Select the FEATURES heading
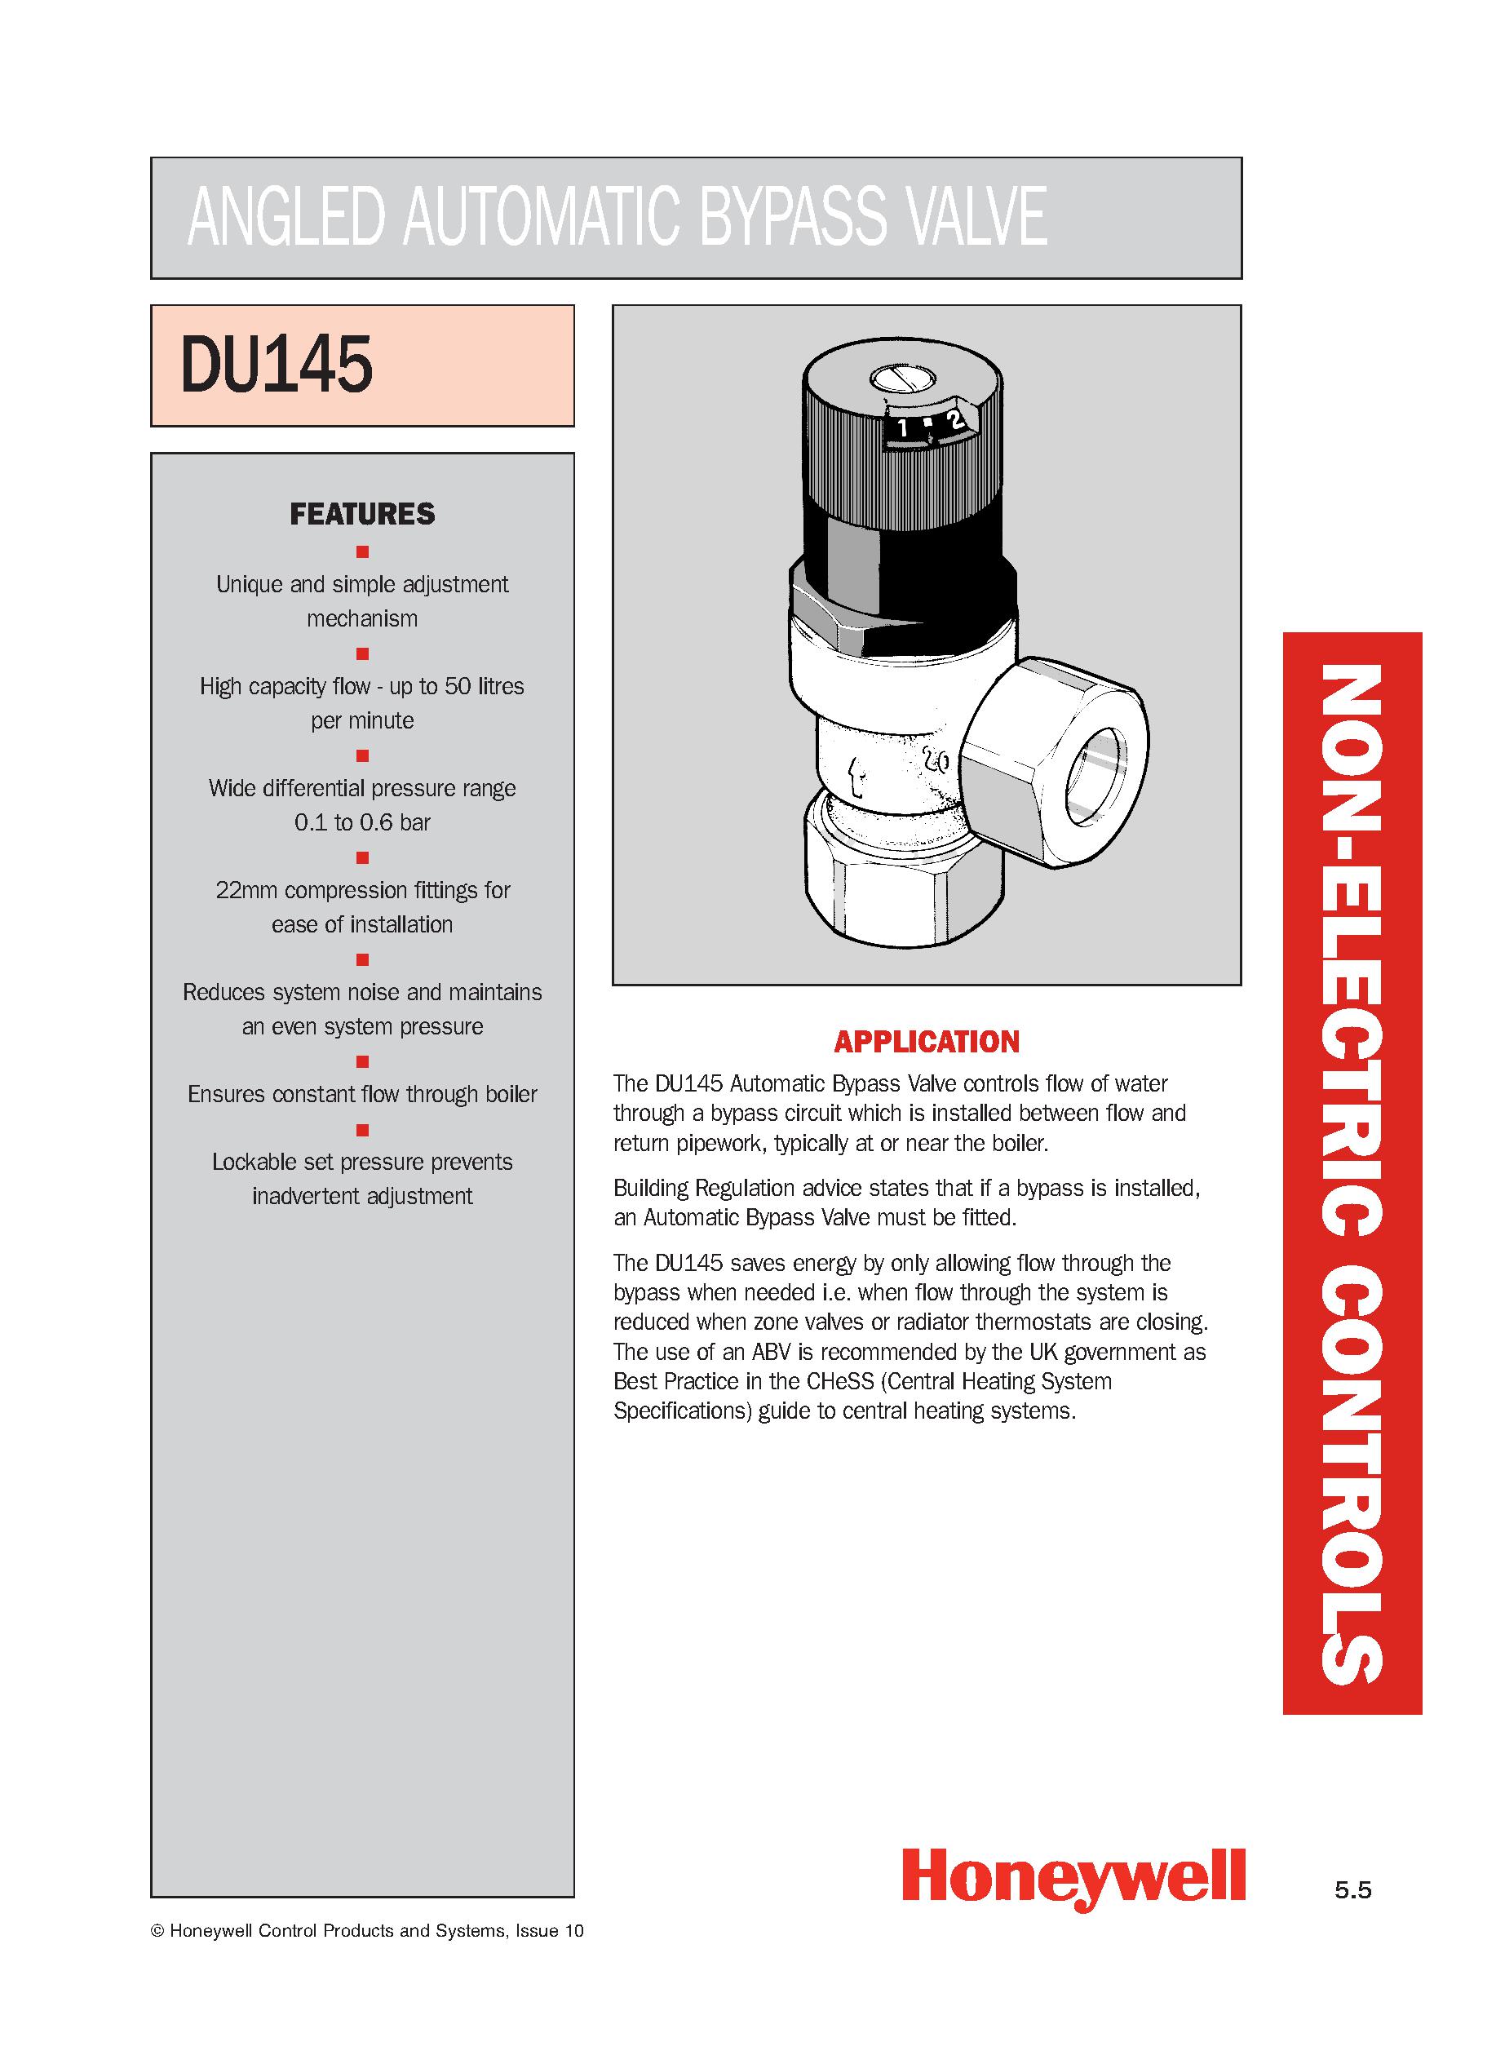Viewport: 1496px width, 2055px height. click(362, 514)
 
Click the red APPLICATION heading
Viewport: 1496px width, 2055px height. click(927, 1042)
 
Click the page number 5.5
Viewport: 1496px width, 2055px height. click(1352, 1890)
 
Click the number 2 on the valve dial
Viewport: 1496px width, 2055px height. click(954, 419)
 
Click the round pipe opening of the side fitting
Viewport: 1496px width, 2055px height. click(1097, 775)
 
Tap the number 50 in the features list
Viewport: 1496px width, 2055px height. click(458, 687)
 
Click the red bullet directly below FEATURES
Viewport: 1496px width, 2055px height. click(362, 551)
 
